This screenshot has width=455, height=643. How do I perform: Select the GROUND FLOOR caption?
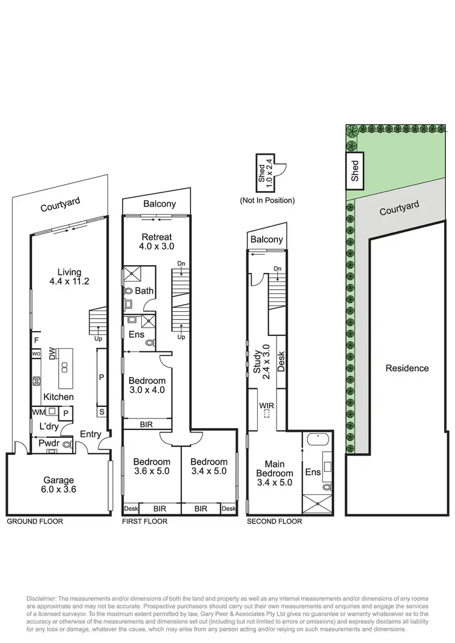(x=35, y=521)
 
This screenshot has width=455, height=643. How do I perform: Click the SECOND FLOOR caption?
(x=274, y=521)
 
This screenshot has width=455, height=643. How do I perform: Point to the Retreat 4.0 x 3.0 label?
(x=157, y=241)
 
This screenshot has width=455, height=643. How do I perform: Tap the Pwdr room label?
(x=48, y=443)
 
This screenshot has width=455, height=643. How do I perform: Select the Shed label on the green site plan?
(x=356, y=170)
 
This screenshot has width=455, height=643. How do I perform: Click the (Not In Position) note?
(x=267, y=200)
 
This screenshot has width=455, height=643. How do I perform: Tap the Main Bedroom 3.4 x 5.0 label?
(x=274, y=473)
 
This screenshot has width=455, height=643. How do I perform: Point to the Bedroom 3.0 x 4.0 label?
(x=146, y=385)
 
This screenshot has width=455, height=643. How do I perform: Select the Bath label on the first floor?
(x=144, y=291)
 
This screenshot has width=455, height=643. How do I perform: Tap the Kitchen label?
(x=58, y=397)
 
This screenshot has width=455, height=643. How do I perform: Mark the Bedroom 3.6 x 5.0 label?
(x=151, y=466)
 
